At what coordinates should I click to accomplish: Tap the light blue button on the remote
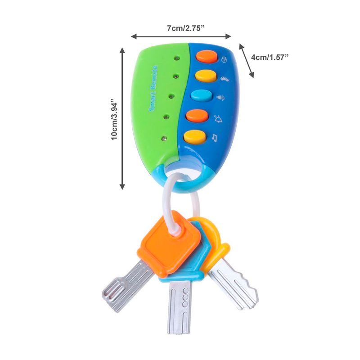[x=202, y=96]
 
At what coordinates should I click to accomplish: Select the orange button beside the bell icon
[x=199, y=116]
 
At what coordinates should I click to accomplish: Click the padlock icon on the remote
[x=225, y=60]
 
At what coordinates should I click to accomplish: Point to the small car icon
[x=224, y=79]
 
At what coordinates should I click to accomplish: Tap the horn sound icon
[x=220, y=98]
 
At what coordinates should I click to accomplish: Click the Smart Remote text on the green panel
[x=153, y=88]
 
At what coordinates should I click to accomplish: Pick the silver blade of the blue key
[x=180, y=306]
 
